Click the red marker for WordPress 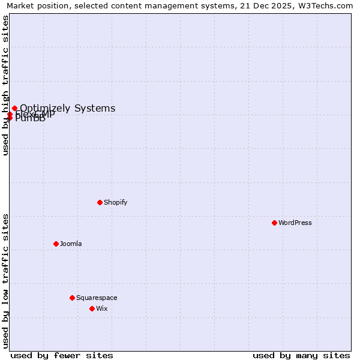click(274, 223)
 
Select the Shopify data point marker click(100, 202)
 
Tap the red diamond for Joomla click(56, 244)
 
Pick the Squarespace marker click(72, 298)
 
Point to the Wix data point click(92, 308)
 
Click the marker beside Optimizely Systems click(14, 109)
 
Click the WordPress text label click(295, 223)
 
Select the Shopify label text click(115, 202)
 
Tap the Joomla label click(71, 244)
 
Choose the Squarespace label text click(97, 298)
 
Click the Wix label click(102, 308)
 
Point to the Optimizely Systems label click(68, 109)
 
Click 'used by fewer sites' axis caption click(62, 355)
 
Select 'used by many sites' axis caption click(301, 355)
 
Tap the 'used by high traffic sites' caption click(5, 85)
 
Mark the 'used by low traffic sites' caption click(5, 280)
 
